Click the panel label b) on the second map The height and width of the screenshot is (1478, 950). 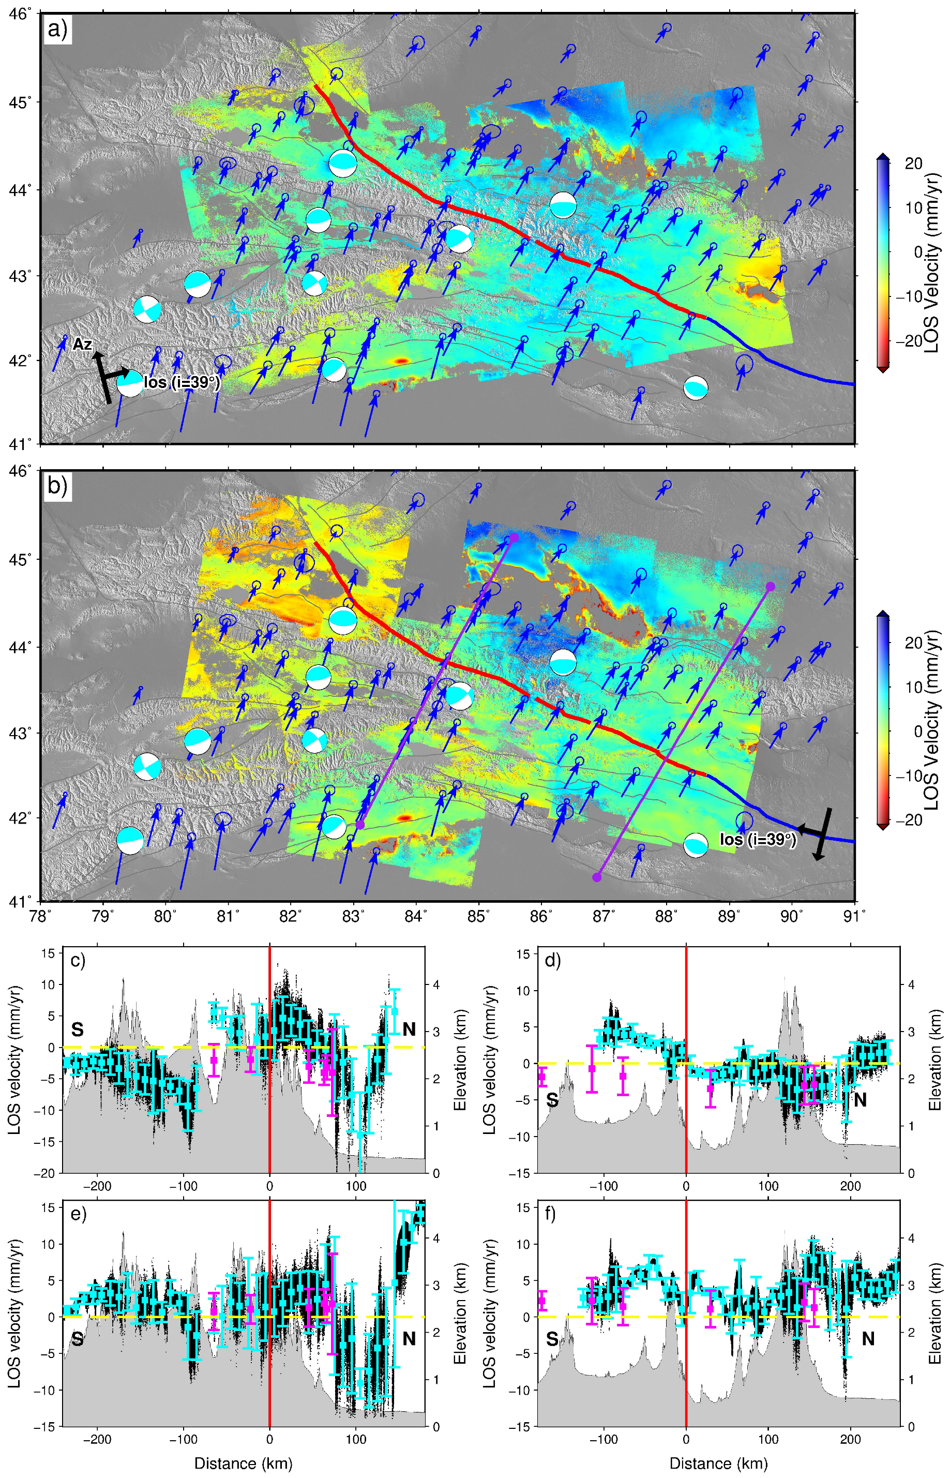58,486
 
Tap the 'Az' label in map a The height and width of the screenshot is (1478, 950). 82,345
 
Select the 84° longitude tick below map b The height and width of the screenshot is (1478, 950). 416,915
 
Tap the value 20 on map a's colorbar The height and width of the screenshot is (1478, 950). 914,163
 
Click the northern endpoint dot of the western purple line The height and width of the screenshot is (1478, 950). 514,538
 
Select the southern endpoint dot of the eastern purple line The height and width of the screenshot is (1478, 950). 596,877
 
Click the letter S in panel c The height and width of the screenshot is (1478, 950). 77,1029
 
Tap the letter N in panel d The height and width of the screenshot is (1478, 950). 860,1099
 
